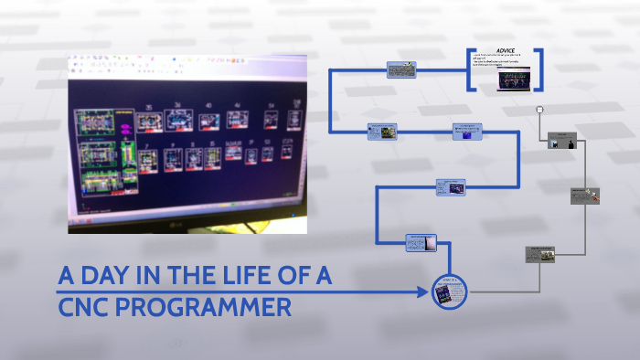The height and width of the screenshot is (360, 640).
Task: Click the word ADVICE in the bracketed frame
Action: (x=506, y=51)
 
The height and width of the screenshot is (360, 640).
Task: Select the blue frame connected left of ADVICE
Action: (x=402, y=70)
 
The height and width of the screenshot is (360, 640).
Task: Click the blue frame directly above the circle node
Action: (x=421, y=242)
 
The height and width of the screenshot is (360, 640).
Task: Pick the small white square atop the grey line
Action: (x=539, y=110)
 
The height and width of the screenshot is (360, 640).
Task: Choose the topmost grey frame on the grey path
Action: (x=562, y=141)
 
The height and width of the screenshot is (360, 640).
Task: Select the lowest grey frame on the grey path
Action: (x=540, y=254)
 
